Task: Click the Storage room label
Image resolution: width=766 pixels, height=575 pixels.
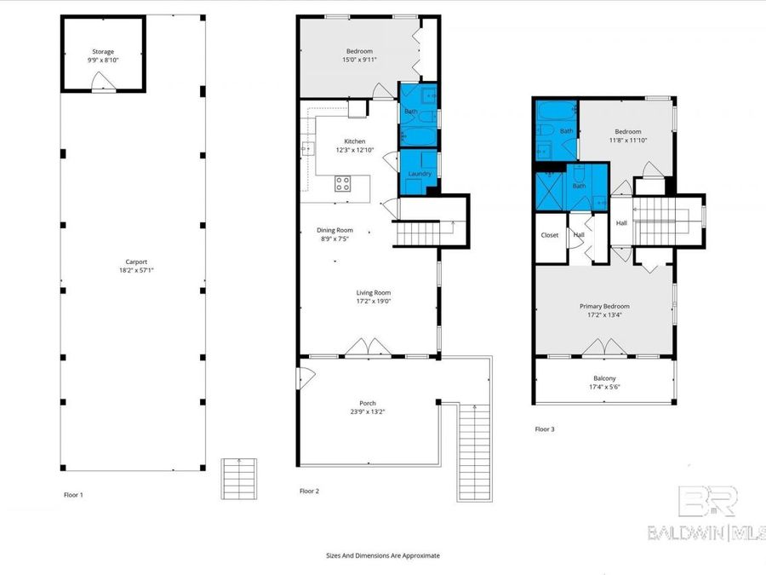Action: (x=102, y=51)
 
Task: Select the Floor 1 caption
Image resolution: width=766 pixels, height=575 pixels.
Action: (x=74, y=494)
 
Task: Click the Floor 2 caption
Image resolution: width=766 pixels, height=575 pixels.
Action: (x=309, y=491)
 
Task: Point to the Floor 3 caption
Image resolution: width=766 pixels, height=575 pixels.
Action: (x=545, y=429)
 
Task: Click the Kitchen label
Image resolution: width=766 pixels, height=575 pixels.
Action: (x=355, y=141)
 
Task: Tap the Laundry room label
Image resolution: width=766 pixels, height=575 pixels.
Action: (x=420, y=174)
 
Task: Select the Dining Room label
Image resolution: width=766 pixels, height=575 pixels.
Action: (x=334, y=229)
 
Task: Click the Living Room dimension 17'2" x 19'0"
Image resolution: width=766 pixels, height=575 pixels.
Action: (x=373, y=301)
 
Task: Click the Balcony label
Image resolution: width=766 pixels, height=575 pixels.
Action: (x=604, y=378)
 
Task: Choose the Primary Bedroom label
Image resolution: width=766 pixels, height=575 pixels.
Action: (x=604, y=306)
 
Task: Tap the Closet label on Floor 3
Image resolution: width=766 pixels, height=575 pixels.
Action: (x=550, y=235)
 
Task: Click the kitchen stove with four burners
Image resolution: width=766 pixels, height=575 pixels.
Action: (x=343, y=183)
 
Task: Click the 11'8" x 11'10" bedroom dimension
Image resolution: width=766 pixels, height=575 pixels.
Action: (x=628, y=141)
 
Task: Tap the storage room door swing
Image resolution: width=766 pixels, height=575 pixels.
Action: (x=102, y=82)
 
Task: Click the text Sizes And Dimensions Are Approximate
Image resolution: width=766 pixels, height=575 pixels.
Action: (x=383, y=555)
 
